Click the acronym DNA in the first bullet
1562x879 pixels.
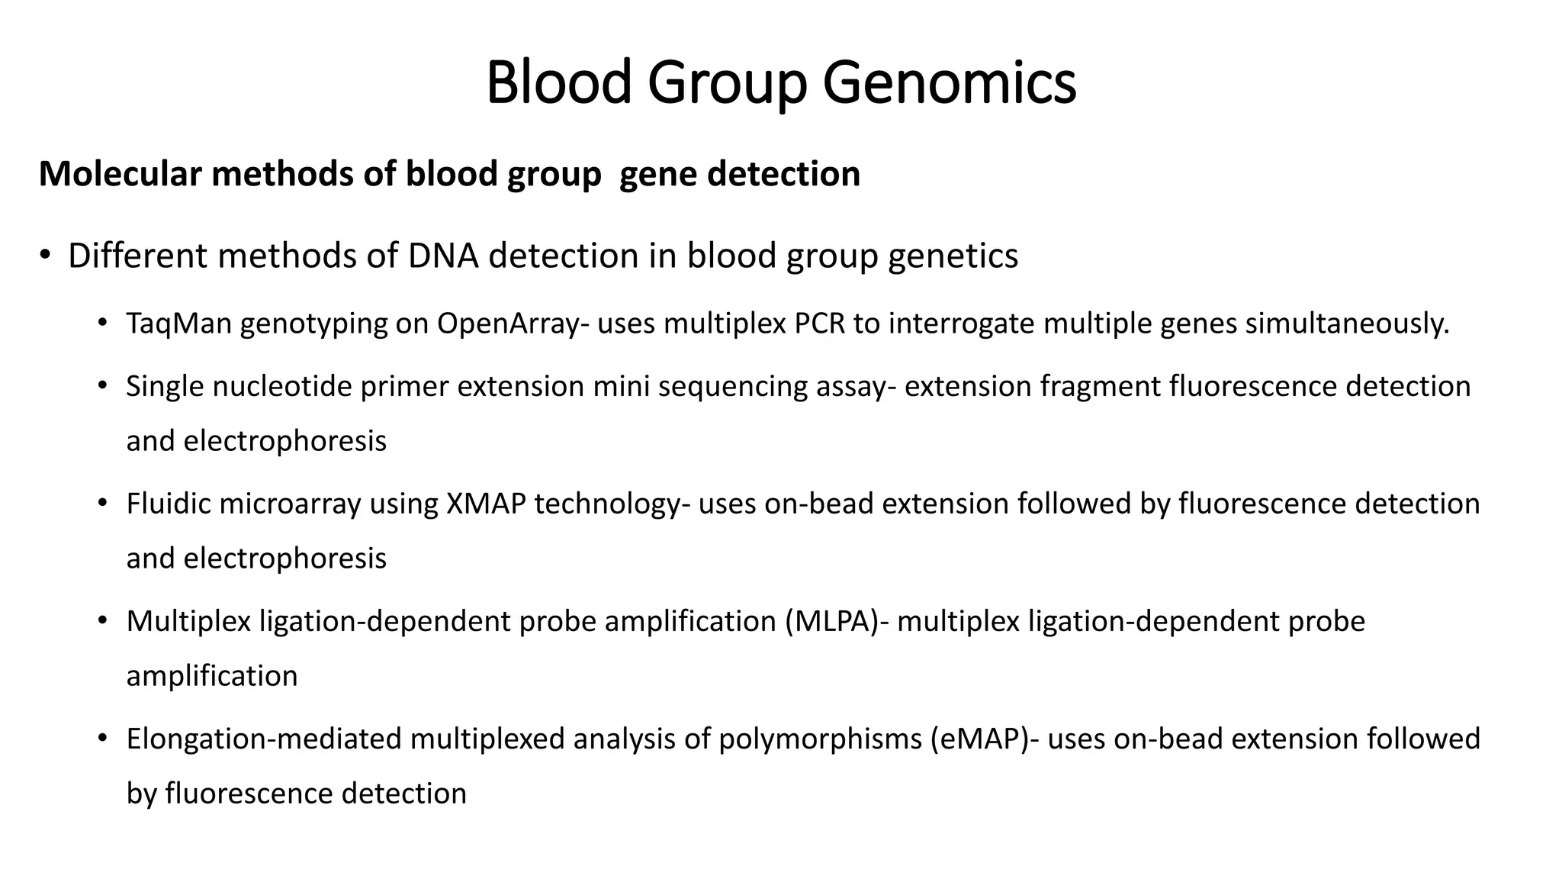(x=443, y=256)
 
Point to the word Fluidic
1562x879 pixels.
(x=168, y=504)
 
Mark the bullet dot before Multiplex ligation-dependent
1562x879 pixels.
(x=103, y=622)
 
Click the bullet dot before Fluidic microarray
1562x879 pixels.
(x=103, y=504)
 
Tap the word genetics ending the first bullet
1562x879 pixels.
(x=953, y=256)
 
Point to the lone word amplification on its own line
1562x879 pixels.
(x=212, y=677)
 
